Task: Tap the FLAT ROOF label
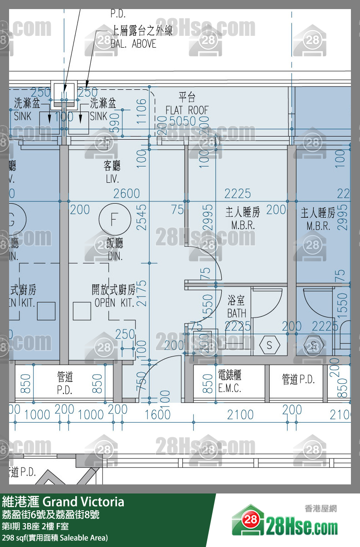(187, 110)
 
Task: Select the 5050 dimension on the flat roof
(182, 121)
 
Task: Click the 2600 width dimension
(126, 194)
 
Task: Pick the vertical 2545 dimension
(142, 217)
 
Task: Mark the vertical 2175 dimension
(142, 293)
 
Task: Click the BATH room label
(237, 313)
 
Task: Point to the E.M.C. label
(229, 388)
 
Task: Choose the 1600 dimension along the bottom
(158, 414)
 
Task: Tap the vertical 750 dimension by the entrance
(142, 381)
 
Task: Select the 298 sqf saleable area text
(55, 538)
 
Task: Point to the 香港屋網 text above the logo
(321, 509)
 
